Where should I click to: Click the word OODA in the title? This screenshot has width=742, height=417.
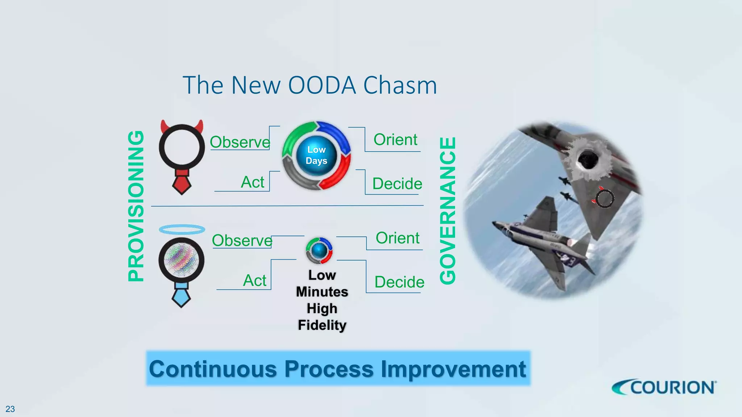coord(322,85)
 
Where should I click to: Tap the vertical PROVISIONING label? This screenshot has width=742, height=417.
coord(136,206)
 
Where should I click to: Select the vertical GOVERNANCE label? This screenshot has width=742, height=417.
coord(447,210)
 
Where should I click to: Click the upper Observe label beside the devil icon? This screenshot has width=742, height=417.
coord(240,142)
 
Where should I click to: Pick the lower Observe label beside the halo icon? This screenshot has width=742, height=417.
coord(242,240)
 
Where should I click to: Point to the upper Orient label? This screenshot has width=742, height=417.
coord(395,140)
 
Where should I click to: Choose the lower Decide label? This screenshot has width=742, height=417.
coord(399,282)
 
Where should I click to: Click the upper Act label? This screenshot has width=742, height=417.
coord(253,182)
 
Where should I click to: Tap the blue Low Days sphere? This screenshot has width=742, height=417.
coord(316,156)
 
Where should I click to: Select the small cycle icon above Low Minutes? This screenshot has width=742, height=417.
coord(319,250)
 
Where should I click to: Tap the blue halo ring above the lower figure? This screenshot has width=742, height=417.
coord(182,229)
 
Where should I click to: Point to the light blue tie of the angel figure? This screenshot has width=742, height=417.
coord(181,295)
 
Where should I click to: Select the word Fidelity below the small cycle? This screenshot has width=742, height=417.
coord(322,325)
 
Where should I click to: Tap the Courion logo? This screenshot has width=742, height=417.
coord(664,388)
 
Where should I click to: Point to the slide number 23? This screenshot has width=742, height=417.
coord(10,409)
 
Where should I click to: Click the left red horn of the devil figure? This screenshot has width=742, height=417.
coord(164,126)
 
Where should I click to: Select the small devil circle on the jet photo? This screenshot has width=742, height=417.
coord(605,199)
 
